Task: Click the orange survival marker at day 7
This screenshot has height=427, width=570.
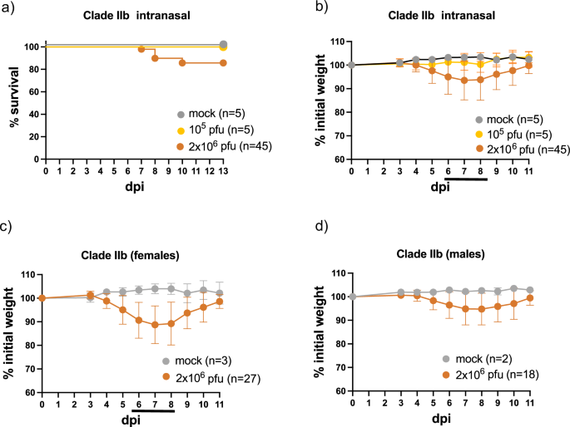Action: point(141,49)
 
